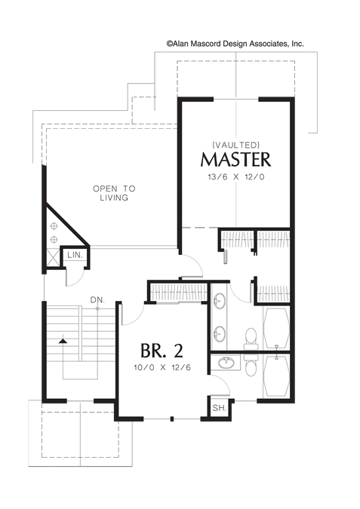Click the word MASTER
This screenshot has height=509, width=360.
235,159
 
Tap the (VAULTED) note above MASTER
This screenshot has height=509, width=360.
235,144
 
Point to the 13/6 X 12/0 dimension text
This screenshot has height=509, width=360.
236,177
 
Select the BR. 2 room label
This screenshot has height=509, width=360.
162,350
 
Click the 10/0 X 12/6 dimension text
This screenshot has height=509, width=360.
162,367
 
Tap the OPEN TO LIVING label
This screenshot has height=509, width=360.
114,193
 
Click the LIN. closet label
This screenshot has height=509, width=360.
75,255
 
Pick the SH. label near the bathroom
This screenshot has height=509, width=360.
220,408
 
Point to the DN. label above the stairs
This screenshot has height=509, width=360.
97,300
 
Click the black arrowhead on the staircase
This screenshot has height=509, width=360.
63,341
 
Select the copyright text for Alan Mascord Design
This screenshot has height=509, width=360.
235,44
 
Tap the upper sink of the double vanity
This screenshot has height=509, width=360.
219,299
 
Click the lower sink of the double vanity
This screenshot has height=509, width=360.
219,333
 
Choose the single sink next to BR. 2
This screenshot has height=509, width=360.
226,363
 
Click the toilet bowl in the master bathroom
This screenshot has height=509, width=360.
251,336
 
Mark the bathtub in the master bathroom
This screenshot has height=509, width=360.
276,328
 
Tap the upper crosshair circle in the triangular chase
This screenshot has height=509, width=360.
54,225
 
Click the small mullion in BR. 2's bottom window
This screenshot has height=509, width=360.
172,419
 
